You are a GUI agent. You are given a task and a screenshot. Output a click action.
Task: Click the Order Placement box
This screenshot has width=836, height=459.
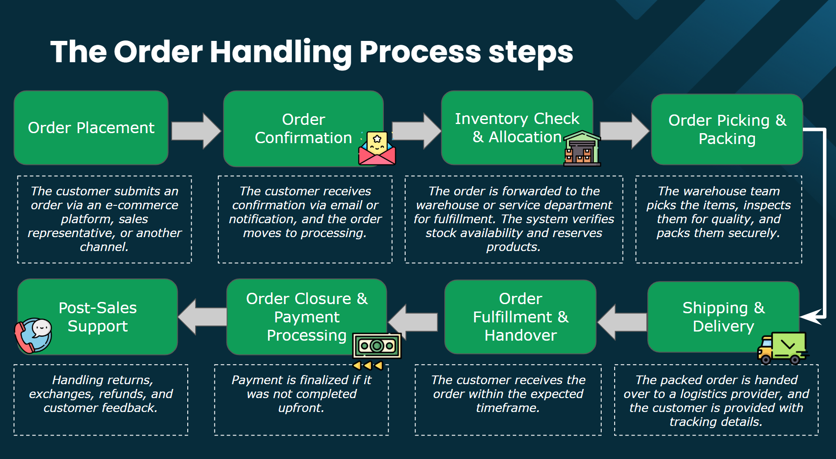(x=91, y=127)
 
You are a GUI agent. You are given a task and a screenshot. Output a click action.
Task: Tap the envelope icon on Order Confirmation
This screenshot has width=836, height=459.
(x=377, y=149)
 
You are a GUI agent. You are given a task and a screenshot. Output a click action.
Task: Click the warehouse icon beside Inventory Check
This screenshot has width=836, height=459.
(x=582, y=149)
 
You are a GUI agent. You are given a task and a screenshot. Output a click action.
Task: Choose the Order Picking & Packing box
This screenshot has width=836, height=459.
(x=727, y=129)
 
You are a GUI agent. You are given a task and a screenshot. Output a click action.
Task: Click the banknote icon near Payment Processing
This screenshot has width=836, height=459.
(x=377, y=346)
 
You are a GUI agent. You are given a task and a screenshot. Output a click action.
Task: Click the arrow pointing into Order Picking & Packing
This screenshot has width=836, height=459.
(x=624, y=131)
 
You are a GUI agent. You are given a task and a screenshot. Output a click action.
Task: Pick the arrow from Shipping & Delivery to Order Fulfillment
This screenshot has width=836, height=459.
(x=622, y=322)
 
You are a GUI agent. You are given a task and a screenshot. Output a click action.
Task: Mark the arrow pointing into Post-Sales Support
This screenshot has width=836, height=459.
(x=202, y=317)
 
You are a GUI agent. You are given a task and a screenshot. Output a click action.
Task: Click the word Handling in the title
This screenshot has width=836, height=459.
(x=281, y=52)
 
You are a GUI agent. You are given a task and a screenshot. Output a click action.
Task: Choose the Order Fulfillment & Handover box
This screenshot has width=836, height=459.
(x=520, y=317)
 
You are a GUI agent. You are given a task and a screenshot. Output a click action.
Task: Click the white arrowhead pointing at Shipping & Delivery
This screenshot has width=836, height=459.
(x=811, y=316)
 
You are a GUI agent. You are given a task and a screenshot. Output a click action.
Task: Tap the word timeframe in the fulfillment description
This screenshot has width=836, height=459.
(x=508, y=408)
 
